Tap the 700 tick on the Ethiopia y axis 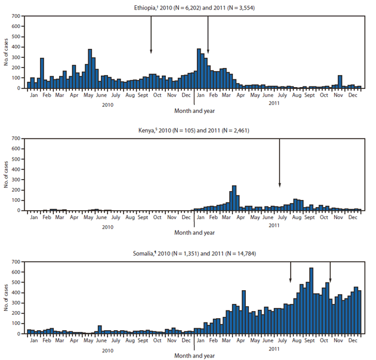point(17,17)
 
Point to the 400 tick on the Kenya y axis point(17,170)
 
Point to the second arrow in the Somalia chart point(330,272)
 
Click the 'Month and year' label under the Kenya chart point(195,232)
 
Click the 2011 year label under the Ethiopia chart point(275,103)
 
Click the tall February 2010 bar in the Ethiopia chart point(42,73)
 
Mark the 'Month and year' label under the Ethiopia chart point(195,110)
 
